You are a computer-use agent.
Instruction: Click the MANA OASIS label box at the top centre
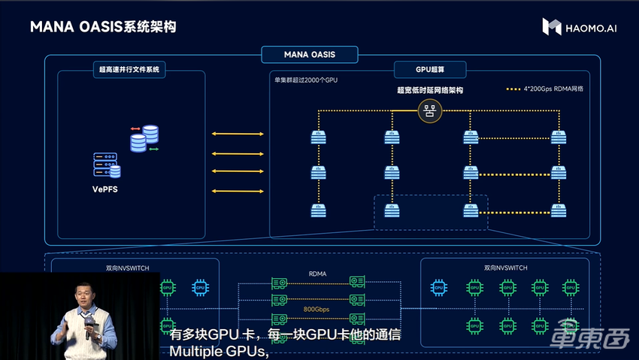click(x=309, y=55)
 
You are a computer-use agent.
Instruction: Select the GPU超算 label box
click(x=430, y=71)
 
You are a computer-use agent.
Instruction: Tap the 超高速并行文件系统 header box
click(x=130, y=71)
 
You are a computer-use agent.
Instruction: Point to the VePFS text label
click(x=104, y=189)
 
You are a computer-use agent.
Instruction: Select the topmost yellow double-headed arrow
click(x=238, y=134)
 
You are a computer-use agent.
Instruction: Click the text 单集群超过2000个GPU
click(x=306, y=80)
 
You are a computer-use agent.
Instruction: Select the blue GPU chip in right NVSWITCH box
click(x=438, y=286)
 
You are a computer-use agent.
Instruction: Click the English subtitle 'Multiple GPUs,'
click(x=219, y=350)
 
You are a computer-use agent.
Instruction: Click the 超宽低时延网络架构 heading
click(x=429, y=90)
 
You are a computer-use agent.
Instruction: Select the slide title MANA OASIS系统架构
click(x=104, y=28)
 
